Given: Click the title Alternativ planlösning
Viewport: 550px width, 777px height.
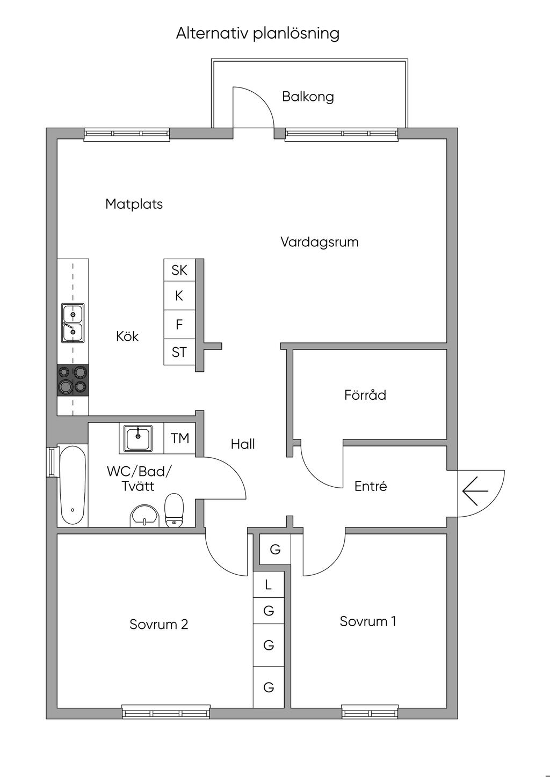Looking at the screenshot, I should point(258,33).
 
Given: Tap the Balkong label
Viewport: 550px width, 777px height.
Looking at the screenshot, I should point(308,97).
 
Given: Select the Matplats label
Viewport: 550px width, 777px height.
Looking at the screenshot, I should point(134,204).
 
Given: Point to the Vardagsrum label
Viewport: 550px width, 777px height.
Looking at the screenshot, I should point(319,242).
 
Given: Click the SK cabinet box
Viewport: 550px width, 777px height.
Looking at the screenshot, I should point(179,270).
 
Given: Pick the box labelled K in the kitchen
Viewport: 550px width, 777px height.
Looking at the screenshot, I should point(179,296).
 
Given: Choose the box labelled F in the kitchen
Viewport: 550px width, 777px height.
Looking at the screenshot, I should point(179,324).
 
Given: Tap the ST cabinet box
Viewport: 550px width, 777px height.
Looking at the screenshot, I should point(179,352).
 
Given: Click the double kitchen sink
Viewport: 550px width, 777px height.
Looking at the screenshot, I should point(73,323).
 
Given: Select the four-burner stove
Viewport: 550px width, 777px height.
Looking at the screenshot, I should point(73,379).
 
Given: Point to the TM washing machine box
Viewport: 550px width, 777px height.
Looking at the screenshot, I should point(180,438).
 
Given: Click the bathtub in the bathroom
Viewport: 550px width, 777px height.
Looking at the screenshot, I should point(73,485).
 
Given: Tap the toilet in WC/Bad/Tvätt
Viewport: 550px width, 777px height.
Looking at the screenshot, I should point(174,510).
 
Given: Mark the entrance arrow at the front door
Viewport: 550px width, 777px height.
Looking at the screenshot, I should point(475,491).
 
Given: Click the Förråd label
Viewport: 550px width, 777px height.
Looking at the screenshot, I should point(365,395).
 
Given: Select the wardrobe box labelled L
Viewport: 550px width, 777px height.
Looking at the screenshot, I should point(269,584).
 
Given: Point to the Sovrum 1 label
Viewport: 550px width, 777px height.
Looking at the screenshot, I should point(368,621).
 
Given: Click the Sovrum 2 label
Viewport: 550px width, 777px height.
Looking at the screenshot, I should point(158,625).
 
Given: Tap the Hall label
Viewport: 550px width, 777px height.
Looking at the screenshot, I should point(243,444).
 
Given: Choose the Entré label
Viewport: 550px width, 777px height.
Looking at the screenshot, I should point(371,486).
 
